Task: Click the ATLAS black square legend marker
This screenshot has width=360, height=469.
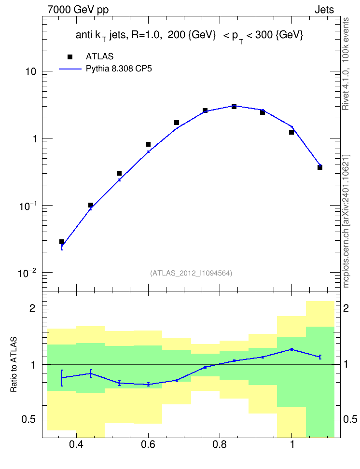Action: (x=70, y=57)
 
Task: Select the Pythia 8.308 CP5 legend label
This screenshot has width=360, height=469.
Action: (x=119, y=69)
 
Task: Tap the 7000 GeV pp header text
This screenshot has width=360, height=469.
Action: (x=78, y=10)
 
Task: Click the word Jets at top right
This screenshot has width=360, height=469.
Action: (x=324, y=10)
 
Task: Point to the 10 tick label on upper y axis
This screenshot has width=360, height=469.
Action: (x=31, y=71)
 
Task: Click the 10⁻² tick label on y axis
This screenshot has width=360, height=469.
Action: (x=27, y=273)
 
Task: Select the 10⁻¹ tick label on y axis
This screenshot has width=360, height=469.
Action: (x=27, y=206)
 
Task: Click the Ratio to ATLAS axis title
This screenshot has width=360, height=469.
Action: (x=14, y=364)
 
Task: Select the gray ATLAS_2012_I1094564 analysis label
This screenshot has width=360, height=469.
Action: (x=191, y=273)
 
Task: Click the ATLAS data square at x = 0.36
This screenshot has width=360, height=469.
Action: (x=62, y=242)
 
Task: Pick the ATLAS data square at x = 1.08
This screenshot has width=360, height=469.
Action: (x=320, y=167)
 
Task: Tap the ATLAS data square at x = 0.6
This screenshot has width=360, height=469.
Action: (x=148, y=144)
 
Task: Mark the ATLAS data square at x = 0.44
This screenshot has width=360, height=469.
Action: (x=91, y=205)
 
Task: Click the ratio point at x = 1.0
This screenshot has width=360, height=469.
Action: (x=291, y=349)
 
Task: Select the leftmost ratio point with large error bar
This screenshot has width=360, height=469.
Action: (x=62, y=378)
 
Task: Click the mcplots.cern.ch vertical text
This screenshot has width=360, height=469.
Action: (x=346, y=221)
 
